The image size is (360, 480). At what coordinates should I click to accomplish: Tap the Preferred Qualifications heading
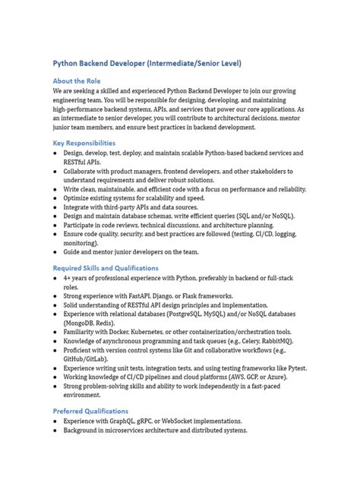(90, 411)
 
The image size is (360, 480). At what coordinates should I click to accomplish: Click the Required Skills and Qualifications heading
(106, 268)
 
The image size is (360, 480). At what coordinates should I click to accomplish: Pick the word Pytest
(298, 368)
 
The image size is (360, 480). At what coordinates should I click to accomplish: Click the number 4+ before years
(68, 279)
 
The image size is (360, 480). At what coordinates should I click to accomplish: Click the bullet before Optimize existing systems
(55, 197)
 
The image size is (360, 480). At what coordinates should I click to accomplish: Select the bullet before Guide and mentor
(55, 252)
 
